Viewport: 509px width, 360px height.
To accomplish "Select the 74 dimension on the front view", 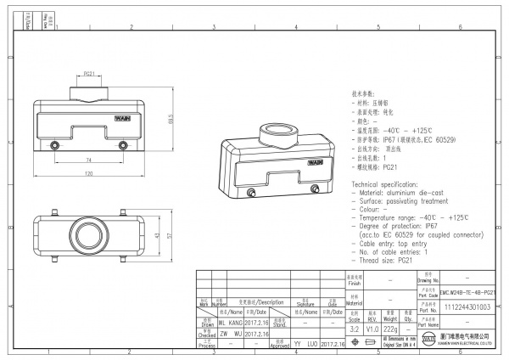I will (87, 160).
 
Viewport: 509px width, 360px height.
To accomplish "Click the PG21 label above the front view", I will (89, 75).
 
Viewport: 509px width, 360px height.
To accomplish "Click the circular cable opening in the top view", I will (88, 234).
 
